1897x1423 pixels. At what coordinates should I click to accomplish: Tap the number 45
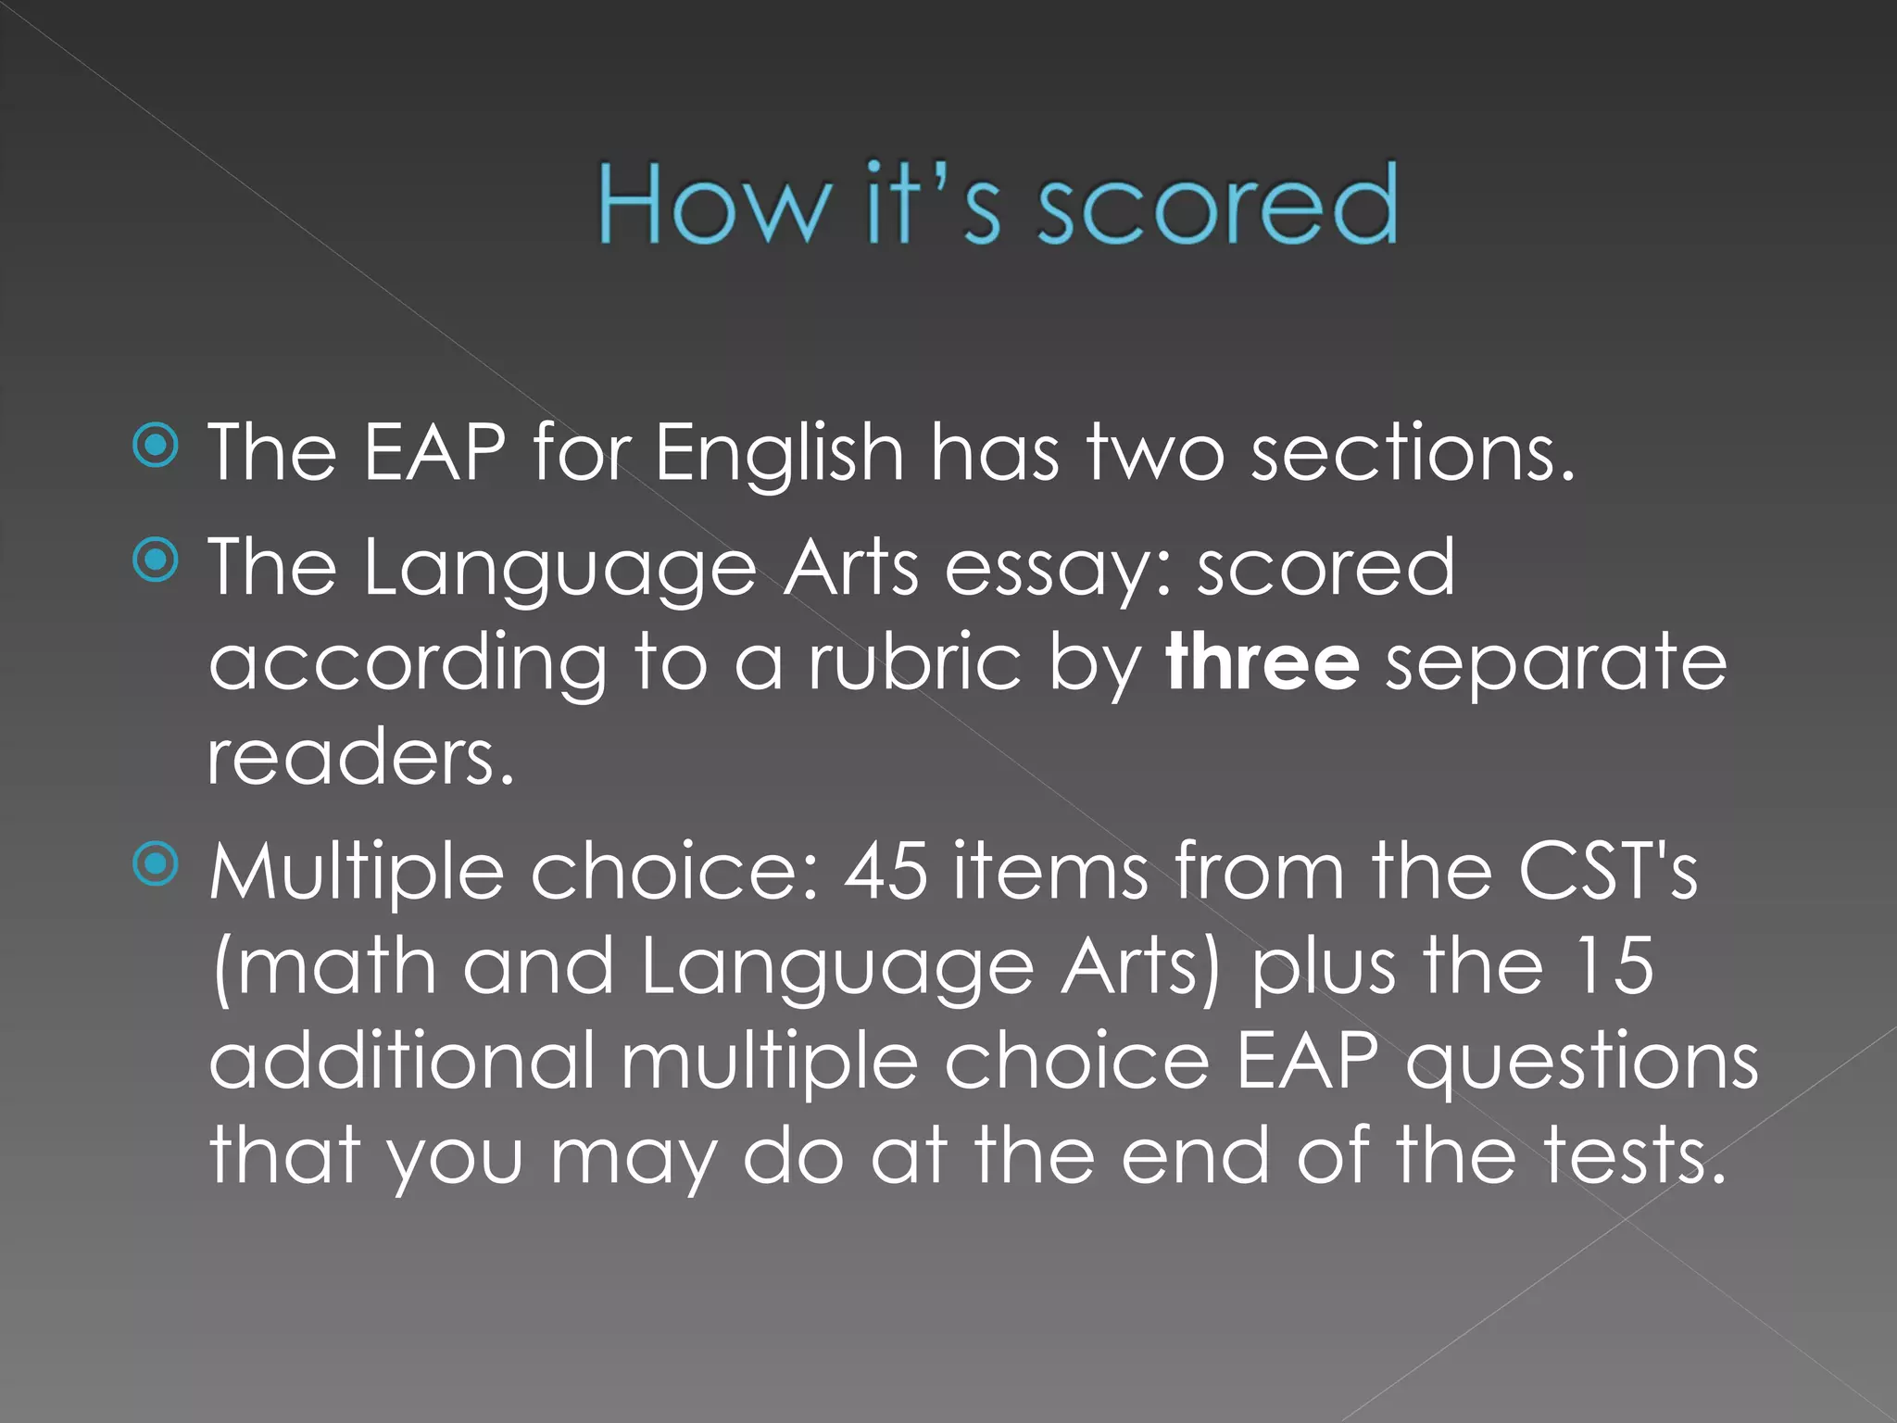pyautogui.click(x=886, y=872)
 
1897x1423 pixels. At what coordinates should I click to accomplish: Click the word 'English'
pyautogui.click(x=779, y=454)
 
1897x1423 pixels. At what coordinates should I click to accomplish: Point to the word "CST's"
pyautogui.click(x=1608, y=872)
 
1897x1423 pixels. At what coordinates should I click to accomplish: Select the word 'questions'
pyautogui.click(x=1581, y=1062)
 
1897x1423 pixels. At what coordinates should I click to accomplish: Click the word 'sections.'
pyautogui.click(x=1413, y=454)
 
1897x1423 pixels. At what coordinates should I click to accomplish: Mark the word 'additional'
pyautogui.click(x=401, y=1061)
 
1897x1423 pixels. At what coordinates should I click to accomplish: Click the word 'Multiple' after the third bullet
pyautogui.click(x=357, y=872)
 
